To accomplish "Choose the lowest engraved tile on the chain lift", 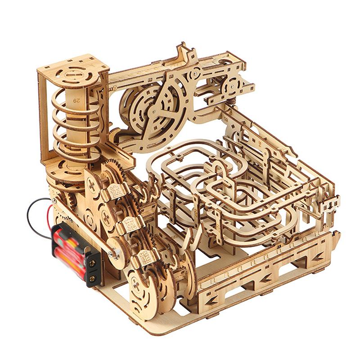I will coord(147,256).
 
